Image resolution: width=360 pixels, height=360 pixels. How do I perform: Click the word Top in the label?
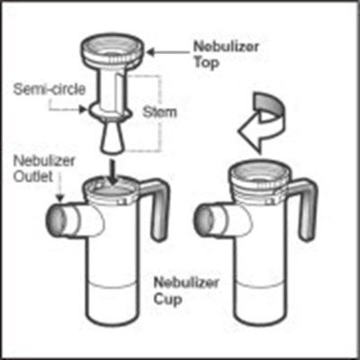[207, 63]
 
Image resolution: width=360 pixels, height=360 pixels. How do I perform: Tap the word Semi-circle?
[49, 89]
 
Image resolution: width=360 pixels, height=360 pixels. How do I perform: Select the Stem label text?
[159, 112]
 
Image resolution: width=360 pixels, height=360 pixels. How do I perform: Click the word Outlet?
[33, 176]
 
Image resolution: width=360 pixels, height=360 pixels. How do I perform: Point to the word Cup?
[168, 300]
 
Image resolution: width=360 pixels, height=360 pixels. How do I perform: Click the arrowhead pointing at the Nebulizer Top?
[150, 52]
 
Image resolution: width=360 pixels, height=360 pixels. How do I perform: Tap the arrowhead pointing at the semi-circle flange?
[82, 110]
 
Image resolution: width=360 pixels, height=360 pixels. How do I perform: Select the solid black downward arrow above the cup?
[112, 173]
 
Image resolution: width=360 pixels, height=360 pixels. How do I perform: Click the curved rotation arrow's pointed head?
[249, 132]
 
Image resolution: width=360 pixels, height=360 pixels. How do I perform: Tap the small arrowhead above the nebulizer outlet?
[60, 198]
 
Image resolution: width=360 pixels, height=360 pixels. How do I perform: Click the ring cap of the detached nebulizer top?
[112, 51]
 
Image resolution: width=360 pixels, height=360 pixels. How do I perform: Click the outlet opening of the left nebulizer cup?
[55, 220]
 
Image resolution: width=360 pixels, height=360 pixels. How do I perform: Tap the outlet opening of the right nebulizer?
[204, 220]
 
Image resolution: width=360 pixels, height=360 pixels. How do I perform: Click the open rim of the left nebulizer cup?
[112, 190]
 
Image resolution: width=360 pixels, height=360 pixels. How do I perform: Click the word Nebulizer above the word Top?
[226, 47]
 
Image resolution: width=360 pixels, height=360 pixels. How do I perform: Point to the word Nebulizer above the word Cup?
[186, 283]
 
